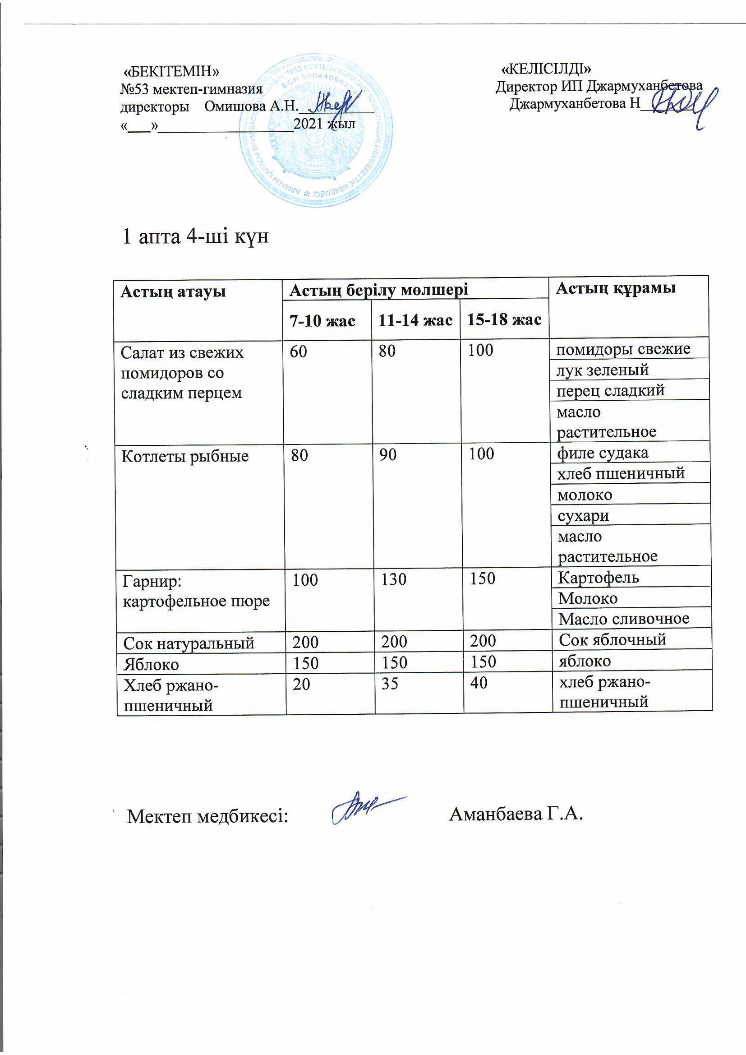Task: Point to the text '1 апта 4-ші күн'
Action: click(195, 236)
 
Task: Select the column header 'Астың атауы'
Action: click(173, 292)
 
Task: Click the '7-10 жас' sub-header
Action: click(322, 321)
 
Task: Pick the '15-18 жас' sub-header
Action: click(504, 320)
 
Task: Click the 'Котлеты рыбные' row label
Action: click(185, 456)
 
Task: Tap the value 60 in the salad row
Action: click(298, 352)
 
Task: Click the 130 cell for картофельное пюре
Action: click(394, 579)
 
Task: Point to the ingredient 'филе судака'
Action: click(603, 453)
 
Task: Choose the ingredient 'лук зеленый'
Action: click(603, 370)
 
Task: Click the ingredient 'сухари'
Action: click(583, 516)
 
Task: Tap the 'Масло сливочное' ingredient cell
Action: click(624, 619)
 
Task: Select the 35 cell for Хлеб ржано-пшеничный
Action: click(390, 684)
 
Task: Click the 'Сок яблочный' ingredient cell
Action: click(612, 639)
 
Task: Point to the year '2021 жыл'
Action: click(324, 124)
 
